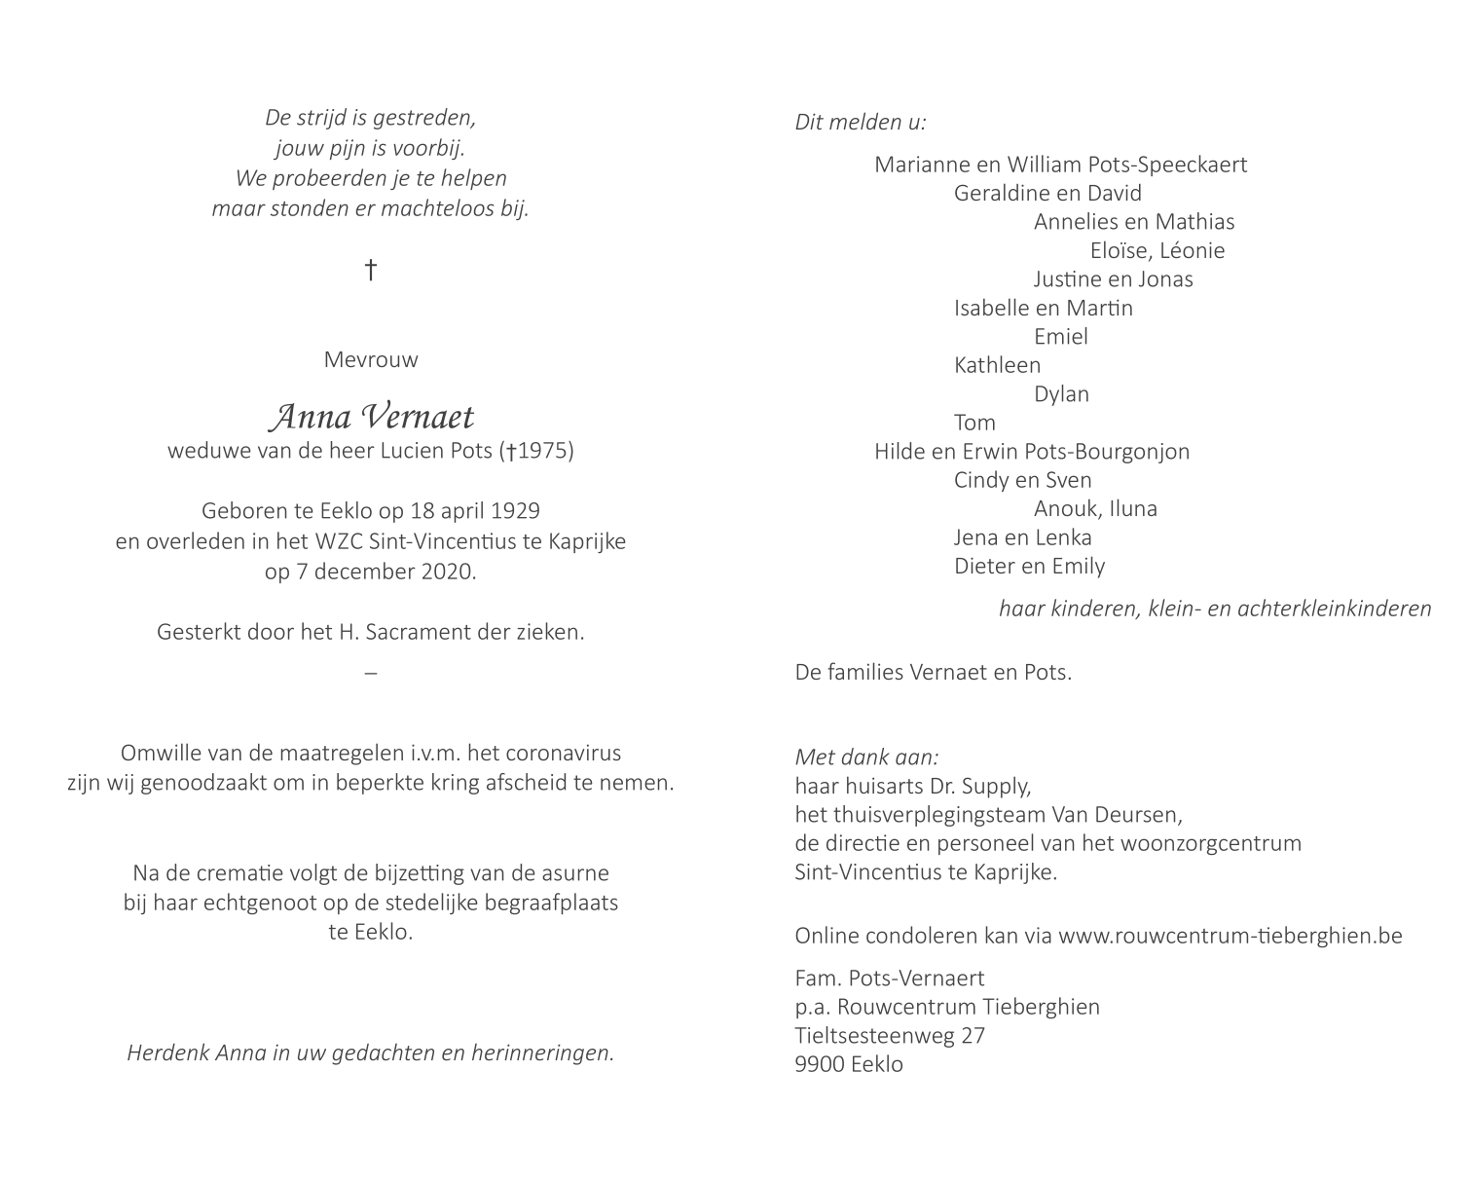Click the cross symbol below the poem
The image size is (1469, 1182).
point(370,270)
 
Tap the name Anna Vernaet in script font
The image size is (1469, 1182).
point(371,417)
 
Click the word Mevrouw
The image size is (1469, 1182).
point(371,360)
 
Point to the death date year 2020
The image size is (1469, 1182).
point(448,572)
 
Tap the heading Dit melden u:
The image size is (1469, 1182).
point(861,123)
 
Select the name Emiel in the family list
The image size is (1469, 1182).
point(1060,337)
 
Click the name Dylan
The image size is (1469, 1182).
point(1061,394)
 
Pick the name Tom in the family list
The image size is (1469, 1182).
point(974,423)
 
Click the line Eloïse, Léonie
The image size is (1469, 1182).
point(1157,251)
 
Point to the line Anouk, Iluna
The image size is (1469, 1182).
point(1095,508)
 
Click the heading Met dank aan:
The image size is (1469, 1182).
point(867,757)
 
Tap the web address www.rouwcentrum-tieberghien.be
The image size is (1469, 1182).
point(1230,937)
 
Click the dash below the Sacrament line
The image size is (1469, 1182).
point(371,673)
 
